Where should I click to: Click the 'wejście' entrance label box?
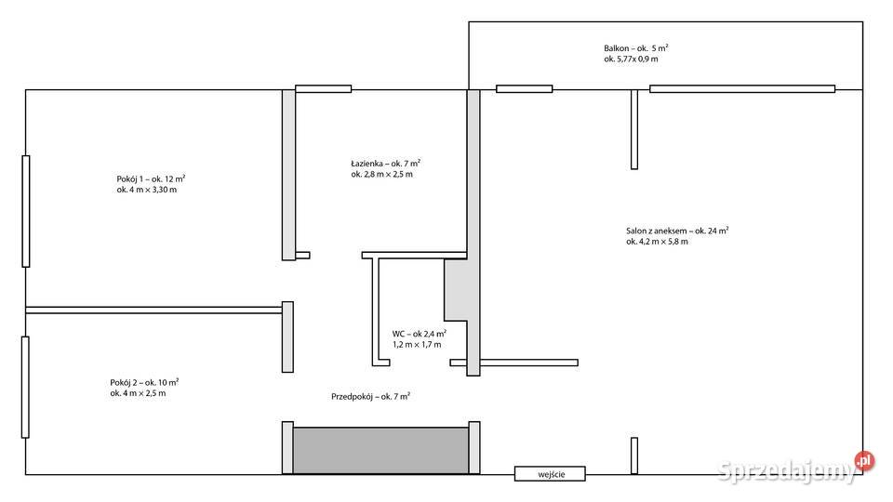[550, 473]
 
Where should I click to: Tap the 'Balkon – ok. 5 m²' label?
[636, 48]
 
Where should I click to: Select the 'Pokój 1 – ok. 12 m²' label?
[151, 178]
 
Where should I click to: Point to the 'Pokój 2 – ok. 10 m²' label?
[145, 382]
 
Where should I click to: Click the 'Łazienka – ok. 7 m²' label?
[385, 164]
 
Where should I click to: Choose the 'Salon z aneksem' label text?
[656, 231]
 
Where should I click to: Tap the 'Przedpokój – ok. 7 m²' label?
[371, 396]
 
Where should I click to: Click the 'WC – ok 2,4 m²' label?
[420, 334]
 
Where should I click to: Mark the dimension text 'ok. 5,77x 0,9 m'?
[631, 59]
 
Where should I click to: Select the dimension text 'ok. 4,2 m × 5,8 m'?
[658, 242]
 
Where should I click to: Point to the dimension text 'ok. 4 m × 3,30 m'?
[147, 190]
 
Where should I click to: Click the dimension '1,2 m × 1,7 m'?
[417, 344]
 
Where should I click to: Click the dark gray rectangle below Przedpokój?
[381, 451]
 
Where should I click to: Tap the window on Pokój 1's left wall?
[26, 211]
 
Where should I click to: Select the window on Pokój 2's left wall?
[25, 387]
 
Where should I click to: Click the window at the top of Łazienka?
[324, 89]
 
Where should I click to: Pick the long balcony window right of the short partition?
[742, 89]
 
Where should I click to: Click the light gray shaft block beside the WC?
[456, 290]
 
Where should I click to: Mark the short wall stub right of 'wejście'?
[634, 456]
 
